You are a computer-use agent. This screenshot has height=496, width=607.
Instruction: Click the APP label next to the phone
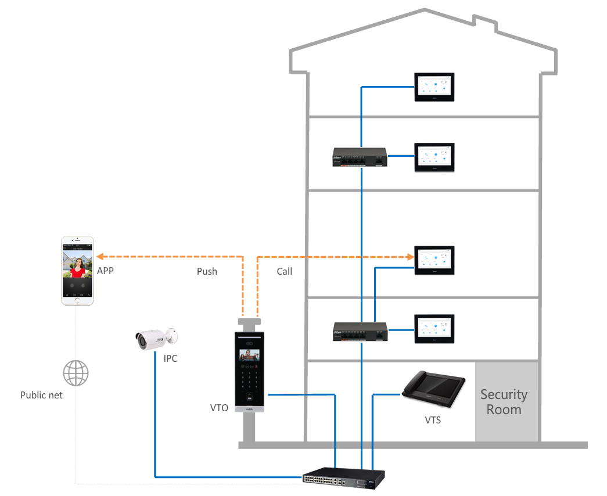click(106, 271)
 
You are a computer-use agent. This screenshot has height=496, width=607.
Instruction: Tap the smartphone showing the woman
click(78, 270)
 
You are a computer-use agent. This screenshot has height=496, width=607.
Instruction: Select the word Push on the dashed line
click(207, 271)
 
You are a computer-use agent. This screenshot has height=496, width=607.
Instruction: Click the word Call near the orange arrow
click(285, 271)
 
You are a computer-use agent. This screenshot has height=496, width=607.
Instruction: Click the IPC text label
click(170, 359)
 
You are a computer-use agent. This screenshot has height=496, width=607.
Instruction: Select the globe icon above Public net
click(76, 373)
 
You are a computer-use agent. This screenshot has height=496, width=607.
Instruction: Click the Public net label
click(41, 395)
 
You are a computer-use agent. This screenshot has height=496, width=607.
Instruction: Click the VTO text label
click(219, 408)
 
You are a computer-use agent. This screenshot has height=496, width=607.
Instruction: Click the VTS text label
click(433, 419)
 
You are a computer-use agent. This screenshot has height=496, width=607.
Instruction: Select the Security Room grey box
click(504, 401)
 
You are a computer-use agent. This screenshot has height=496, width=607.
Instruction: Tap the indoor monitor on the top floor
click(434, 88)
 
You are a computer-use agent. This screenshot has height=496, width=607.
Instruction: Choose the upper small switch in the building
click(360, 157)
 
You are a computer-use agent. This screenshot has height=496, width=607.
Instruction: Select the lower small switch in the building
click(360, 332)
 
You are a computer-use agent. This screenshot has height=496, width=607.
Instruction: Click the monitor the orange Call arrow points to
click(434, 260)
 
